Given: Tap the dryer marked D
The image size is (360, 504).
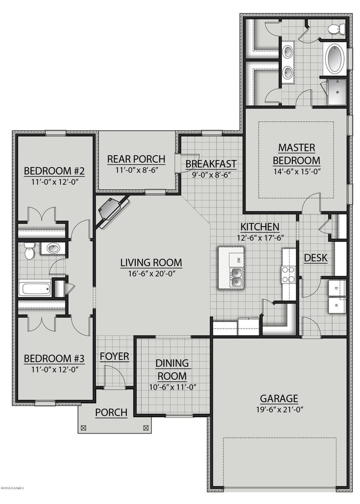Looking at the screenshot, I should (336, 288).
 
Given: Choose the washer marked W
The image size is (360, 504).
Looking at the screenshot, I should (336, 305).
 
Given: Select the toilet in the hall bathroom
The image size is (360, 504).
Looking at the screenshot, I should (29, 253).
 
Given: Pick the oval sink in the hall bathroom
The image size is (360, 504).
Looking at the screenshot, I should (53, 248).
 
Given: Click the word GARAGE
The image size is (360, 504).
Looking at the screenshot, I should (279, 398).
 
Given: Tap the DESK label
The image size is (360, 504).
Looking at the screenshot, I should (316, 258).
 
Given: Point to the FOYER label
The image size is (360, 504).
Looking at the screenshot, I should (114, 356).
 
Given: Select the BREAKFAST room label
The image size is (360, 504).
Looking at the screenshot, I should (210, 164).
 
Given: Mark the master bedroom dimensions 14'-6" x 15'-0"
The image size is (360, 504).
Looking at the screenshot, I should (296, 172).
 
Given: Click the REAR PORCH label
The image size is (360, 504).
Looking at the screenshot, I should (136, 160).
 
